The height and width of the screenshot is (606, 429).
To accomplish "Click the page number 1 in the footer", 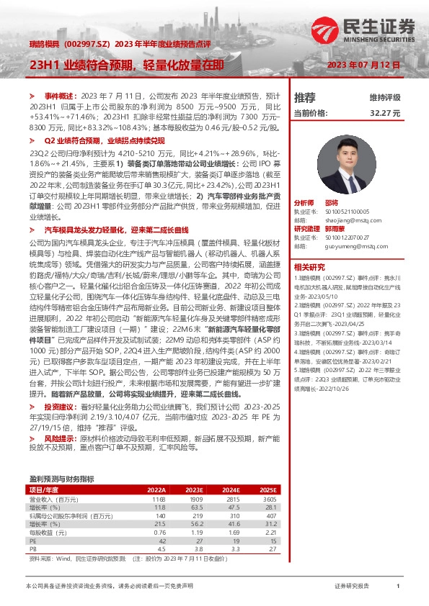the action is point(397,587).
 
